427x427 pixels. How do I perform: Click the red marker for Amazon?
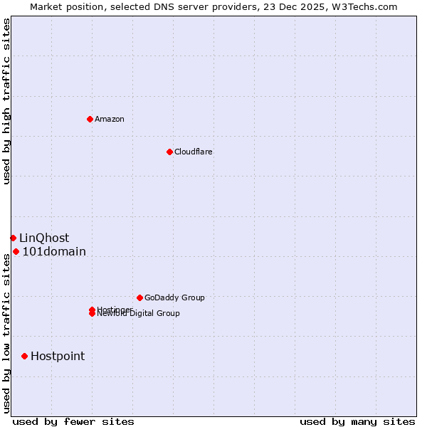[90, 119]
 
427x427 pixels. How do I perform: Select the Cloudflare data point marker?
[169, 152]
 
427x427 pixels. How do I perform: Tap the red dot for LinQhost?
[13, 238]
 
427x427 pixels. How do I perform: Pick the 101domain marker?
[16, 251]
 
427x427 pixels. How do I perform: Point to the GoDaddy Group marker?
[139, 297]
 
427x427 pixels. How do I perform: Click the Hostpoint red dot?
[24, 356]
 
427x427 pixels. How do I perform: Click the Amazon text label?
[110, 119]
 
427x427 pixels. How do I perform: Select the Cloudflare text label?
[194, 152]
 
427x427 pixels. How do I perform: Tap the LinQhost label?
[44, 238]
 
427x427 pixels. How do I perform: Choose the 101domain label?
[54, 251]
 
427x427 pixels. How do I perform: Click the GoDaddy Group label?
[174, 297]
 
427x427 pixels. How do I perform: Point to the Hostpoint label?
[58, 356]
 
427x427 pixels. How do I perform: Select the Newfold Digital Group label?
[139, 314]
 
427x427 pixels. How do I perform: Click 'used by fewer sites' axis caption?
[73, 421]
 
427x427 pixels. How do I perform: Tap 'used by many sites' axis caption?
[357, 421]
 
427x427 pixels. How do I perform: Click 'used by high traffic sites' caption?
[6, 101]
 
